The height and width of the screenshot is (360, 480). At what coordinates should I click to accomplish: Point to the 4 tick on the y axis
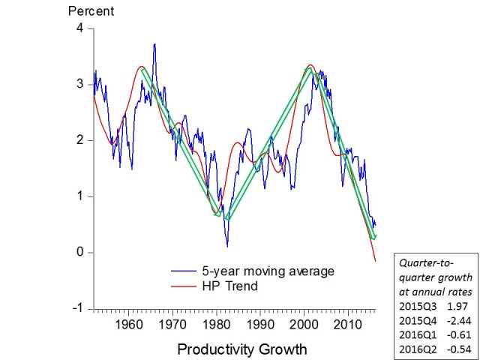tap(81, 28)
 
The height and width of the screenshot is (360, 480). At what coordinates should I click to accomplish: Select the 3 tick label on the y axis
tap(81, 85)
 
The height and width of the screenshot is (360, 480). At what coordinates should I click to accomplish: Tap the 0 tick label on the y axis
tap(81, 253)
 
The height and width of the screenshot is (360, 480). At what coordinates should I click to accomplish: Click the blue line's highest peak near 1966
tap(154, 44)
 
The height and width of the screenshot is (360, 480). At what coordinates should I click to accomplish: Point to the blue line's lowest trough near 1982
tap(226, 245)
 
